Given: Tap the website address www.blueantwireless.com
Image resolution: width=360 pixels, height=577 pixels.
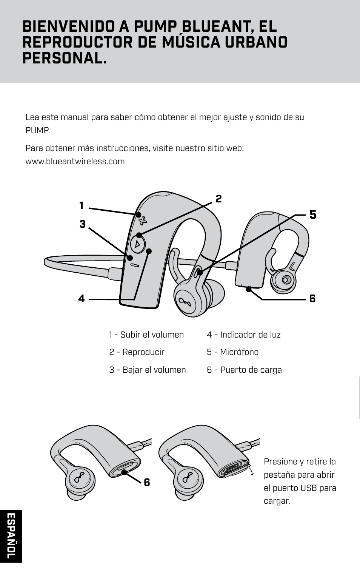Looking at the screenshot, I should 75,162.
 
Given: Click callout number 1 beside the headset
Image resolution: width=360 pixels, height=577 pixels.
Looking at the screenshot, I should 81,206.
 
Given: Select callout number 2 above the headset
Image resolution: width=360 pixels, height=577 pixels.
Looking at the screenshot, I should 218,199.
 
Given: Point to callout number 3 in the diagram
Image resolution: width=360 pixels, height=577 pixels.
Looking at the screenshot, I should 82,224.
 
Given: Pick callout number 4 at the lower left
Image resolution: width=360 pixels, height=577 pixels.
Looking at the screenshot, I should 82,299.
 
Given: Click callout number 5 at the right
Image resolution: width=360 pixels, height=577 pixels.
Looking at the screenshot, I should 313,215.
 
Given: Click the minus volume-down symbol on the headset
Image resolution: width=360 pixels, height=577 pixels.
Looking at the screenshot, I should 135,265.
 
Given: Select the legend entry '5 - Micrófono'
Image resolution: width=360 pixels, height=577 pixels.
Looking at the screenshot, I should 232,352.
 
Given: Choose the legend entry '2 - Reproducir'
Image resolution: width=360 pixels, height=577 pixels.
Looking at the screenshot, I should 137,352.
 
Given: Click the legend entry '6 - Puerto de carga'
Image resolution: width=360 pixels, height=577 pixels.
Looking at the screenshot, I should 244,370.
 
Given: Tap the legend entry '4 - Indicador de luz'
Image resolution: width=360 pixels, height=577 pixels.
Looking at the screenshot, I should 243,335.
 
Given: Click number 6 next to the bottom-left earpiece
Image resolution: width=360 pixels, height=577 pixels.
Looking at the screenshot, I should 147,482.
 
